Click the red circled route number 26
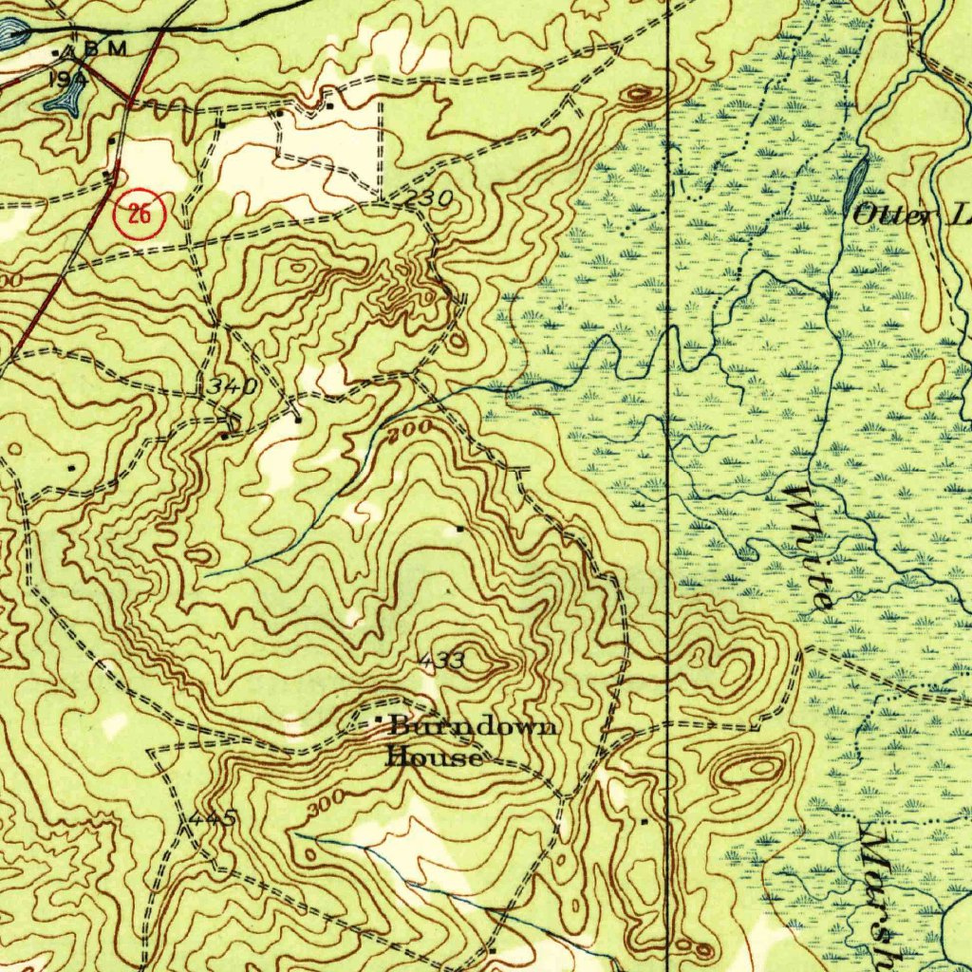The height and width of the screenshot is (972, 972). pyautogui.click(x=140, y=215)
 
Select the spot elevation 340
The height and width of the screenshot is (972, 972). pyautogui.click(x=233, y=387)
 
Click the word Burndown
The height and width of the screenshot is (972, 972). pyautogui.click(x=473, y=728)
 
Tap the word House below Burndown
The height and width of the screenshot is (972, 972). pyautogui.click(x=433, y=757)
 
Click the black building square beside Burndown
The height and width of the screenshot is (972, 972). pyautogui.click(x=381, y=724)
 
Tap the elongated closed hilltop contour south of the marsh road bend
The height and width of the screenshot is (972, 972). pyautogui.click(x=750, y=770)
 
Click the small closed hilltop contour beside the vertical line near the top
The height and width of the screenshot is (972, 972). pyautogui.click(x=641, y=94)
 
